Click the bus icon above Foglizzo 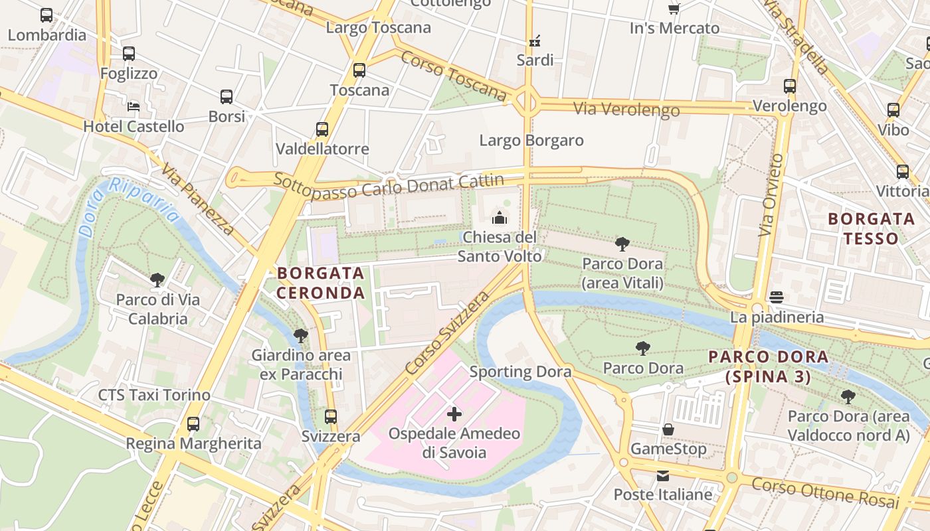coord(129,54)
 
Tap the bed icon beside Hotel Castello coord(134,106)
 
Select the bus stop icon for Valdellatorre coord(322,129)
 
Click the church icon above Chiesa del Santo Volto coord(499,217)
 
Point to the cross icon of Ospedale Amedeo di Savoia coord(454,415)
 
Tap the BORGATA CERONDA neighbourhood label coord(321,283)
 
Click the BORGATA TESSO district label coord(872,228)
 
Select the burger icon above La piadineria coord(777,297)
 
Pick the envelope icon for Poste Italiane coord(663,475)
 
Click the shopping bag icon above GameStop coord(668,429)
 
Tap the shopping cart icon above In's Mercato coord(674,9)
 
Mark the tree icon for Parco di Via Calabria coord(157,279)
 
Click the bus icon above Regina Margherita coord(193,423)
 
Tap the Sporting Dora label coord(520,372)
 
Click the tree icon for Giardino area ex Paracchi coord(301,336)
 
